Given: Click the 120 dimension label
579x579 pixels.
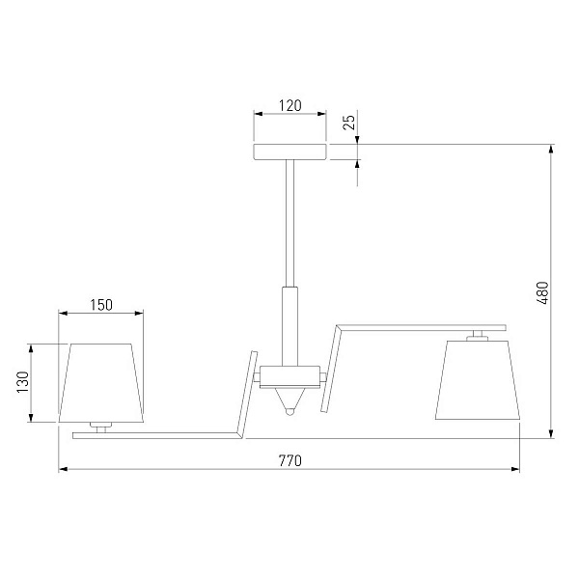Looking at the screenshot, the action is click(289, 105).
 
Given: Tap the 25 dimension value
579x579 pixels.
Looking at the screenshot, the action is click(349, 123).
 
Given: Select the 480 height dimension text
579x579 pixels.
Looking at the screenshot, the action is click(542, 292).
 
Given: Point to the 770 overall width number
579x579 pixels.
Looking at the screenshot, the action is click(289, 460).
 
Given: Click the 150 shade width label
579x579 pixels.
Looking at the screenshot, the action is click(101, 305).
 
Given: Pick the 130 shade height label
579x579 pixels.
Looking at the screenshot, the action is click(23, 382).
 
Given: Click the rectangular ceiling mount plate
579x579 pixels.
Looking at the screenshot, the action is click(289, 152).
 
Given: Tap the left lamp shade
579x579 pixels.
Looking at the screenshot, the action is click(100, 383).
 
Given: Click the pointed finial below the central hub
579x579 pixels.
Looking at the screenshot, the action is click(289, 401).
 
